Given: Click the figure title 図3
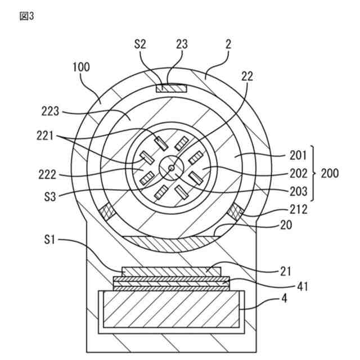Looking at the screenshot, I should point(26,16).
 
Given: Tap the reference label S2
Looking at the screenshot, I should point(141,43).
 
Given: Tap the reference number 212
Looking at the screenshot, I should point(299,210).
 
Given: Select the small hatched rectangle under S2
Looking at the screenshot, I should point(172,88).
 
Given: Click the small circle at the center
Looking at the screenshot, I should point(171,166).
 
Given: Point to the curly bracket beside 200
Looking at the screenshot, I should point(314,173).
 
